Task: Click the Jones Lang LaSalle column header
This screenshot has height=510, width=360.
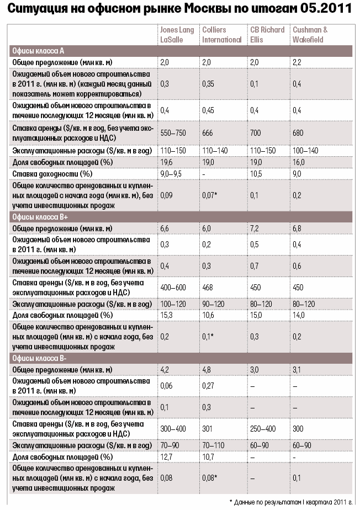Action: (177, 34)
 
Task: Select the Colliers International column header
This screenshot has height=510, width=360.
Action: (222, 34)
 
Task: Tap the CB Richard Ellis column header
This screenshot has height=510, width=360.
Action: (267, 34)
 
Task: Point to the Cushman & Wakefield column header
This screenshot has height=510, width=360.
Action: (310, 34)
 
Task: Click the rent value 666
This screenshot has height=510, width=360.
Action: (208, 134)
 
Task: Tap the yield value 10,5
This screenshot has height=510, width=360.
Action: (256, 174)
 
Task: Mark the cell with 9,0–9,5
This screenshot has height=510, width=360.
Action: (171, 174)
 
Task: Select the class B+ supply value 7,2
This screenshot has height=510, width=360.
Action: (255, 229)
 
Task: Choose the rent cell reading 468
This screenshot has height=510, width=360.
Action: (208, 287)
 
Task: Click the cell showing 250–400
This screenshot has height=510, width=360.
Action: (263, 428)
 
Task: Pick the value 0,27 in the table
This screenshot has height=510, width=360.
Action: (209, 386)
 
